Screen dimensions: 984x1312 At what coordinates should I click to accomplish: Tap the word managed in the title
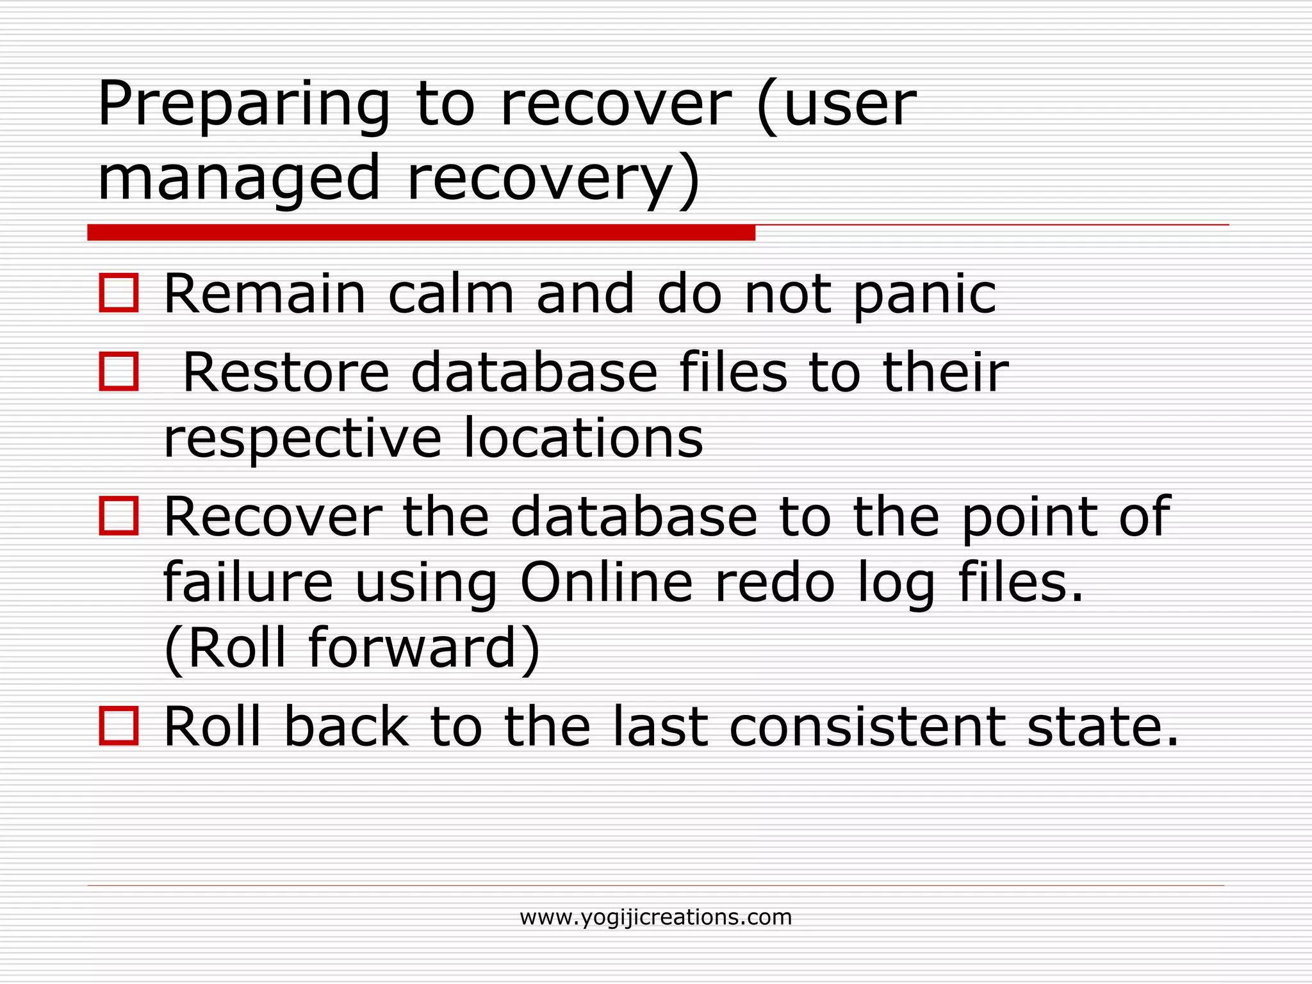point(239,179)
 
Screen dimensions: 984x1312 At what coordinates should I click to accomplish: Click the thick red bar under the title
point(421,233)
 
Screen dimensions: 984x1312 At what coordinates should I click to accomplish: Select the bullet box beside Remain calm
point(119,293)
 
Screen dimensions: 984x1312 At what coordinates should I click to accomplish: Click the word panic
point(924,296)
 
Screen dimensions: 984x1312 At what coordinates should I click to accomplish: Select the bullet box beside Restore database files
point(119,371)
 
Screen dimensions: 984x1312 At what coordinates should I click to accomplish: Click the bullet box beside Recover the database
point(119,516)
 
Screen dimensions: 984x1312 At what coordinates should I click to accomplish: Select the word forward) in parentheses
point(424,648)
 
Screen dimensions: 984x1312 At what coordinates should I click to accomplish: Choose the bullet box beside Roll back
point(119,726)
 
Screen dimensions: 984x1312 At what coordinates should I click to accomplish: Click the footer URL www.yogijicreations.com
point(655,917)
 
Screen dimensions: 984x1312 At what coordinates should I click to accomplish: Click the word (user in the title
point(836,106)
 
